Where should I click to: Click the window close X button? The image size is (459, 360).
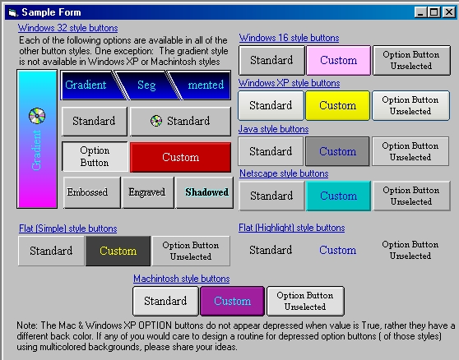(x=448, y=12)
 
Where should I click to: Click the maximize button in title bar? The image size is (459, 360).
(x=434, y=12)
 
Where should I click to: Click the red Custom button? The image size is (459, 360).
(x=181, y=157)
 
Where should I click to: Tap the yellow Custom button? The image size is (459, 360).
(x=337, y=105)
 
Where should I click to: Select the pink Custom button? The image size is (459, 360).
(x=338, y=60)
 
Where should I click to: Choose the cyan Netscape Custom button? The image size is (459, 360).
(x=338, y=196)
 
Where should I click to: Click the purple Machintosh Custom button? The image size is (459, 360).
(x=233, y=301)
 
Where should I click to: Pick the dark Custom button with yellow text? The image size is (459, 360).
(x=118, y=251)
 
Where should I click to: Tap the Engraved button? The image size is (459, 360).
(x=148, y=192)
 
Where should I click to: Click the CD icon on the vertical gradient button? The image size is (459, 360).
(x=37, y=116)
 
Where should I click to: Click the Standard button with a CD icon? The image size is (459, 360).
(x=180, y=121)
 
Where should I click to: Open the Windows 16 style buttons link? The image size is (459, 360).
(x=289, y=38)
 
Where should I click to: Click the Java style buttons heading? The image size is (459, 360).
(x=273, y=129)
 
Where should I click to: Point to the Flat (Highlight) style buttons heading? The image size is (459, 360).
(x=291, y=228)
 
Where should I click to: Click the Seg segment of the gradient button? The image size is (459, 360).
(x=146, y=85)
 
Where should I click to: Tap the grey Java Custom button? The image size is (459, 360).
(x=337, y=151)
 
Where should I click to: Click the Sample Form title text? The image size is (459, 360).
(x=51, y=12)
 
